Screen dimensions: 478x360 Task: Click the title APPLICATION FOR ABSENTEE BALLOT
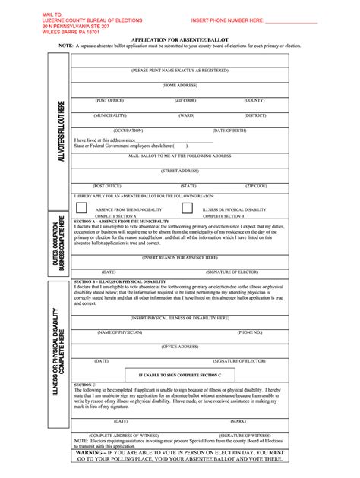[179, 38]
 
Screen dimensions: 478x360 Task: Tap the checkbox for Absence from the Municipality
[81, 207]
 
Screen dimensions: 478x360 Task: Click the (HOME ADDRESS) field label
[180, 86]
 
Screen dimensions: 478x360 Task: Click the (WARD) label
[186, 115]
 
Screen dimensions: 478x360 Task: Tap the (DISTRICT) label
[255, 115]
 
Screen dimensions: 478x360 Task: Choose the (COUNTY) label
[254, 100]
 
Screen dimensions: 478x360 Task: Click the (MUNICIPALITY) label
[110, 115]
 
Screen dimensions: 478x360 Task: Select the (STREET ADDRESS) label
[180, 171]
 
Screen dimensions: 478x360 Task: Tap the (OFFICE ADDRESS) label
[180, 347]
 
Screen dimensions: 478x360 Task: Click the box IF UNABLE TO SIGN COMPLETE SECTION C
[180, 375]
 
